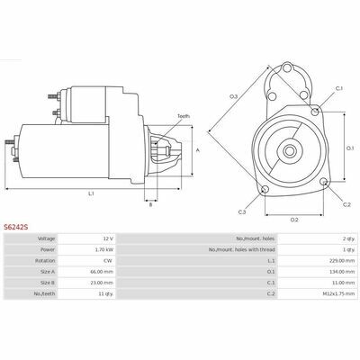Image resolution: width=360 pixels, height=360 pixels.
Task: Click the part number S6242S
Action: (x=16, y=227)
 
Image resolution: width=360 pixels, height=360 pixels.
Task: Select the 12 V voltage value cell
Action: (x=109, y=238)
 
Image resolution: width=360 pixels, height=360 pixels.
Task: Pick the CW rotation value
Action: (x=108, y=261)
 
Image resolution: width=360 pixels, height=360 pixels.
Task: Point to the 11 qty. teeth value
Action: (x=106, y=293)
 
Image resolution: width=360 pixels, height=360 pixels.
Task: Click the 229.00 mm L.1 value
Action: (x=342, y=261)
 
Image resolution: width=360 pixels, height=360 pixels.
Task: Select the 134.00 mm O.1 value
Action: (x=342, y=272)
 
